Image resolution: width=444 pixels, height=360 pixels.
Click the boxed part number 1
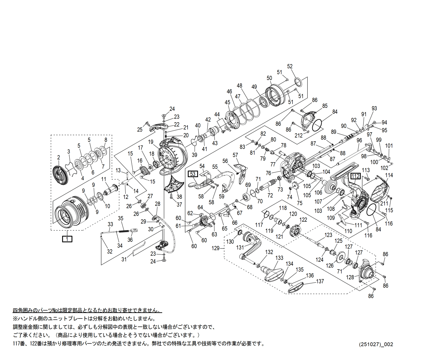[67, 239]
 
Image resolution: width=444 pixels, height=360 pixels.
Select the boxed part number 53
[193, 174]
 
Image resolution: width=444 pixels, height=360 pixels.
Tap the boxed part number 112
[356, 176]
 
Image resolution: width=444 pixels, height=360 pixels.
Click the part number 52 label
[290, 67]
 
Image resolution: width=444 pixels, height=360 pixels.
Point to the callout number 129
[215, 248]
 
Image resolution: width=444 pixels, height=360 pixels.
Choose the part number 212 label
[299, 136]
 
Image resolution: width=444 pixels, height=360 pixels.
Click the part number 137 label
[320, 281]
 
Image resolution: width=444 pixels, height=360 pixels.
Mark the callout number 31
[124, 259]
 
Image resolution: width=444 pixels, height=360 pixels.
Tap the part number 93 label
[374, 109]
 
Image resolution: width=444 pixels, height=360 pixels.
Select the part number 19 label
[151, 142]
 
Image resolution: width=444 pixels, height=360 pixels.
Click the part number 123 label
[328, 235]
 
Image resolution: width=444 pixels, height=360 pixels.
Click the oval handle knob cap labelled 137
[296, 287]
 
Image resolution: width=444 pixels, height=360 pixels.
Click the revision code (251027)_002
[376, 344]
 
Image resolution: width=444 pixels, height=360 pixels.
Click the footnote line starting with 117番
[138, 344]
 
